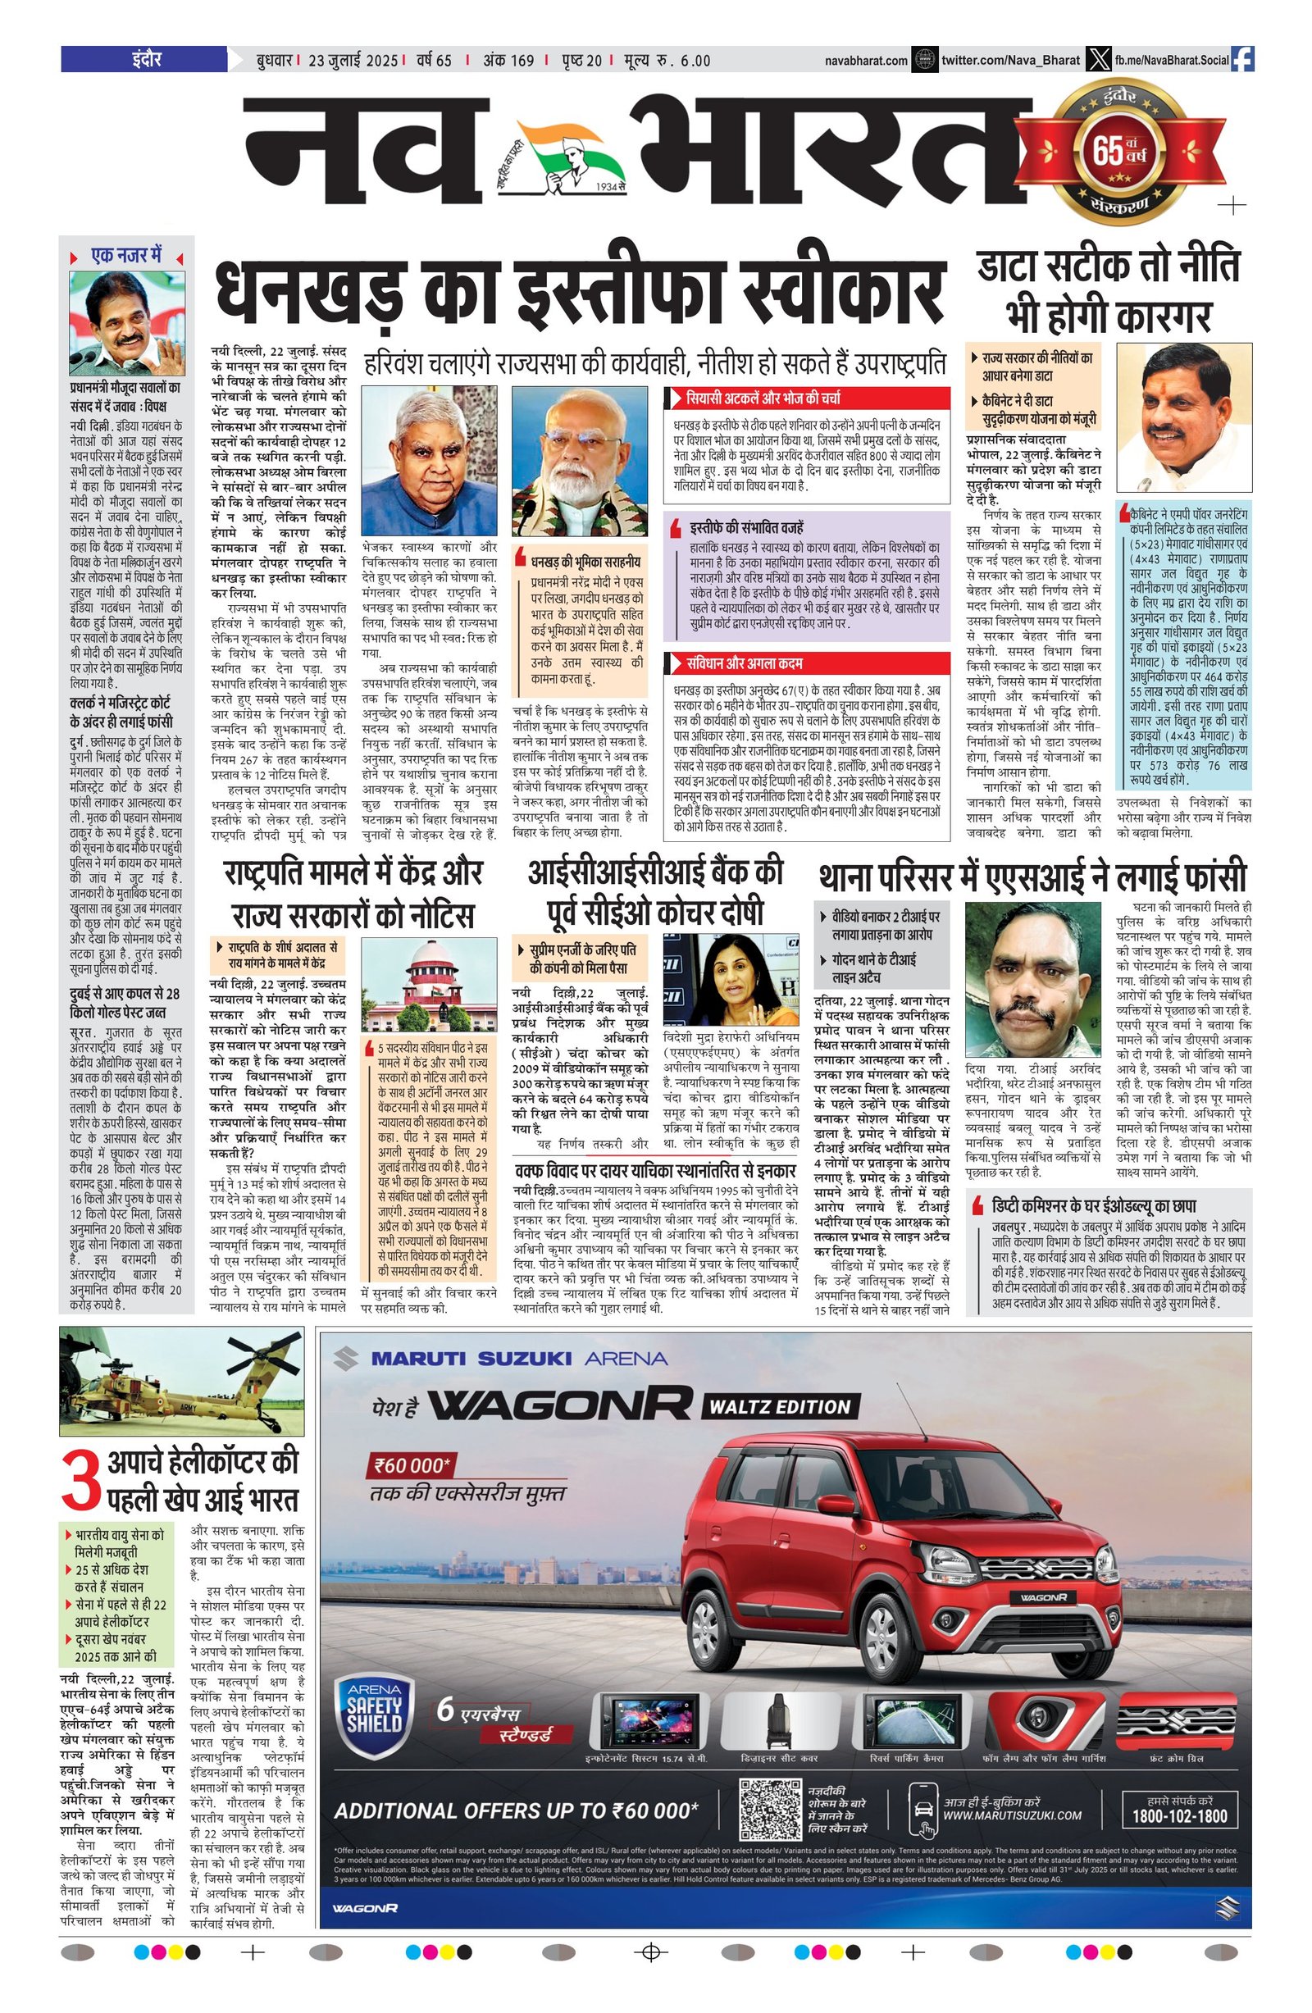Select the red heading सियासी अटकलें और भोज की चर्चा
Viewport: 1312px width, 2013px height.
pos(762,398)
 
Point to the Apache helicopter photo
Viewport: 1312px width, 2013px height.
pos(181,1383)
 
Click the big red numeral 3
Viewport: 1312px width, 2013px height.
pos(80,1479)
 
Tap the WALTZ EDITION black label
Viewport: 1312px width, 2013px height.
pos(779,1406)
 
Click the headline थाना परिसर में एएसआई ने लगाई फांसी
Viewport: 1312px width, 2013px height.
pos(1032,878)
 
